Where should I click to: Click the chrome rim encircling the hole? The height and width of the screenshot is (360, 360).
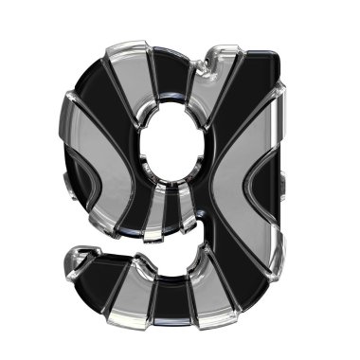pyautogui.click(x=138, y=152)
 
